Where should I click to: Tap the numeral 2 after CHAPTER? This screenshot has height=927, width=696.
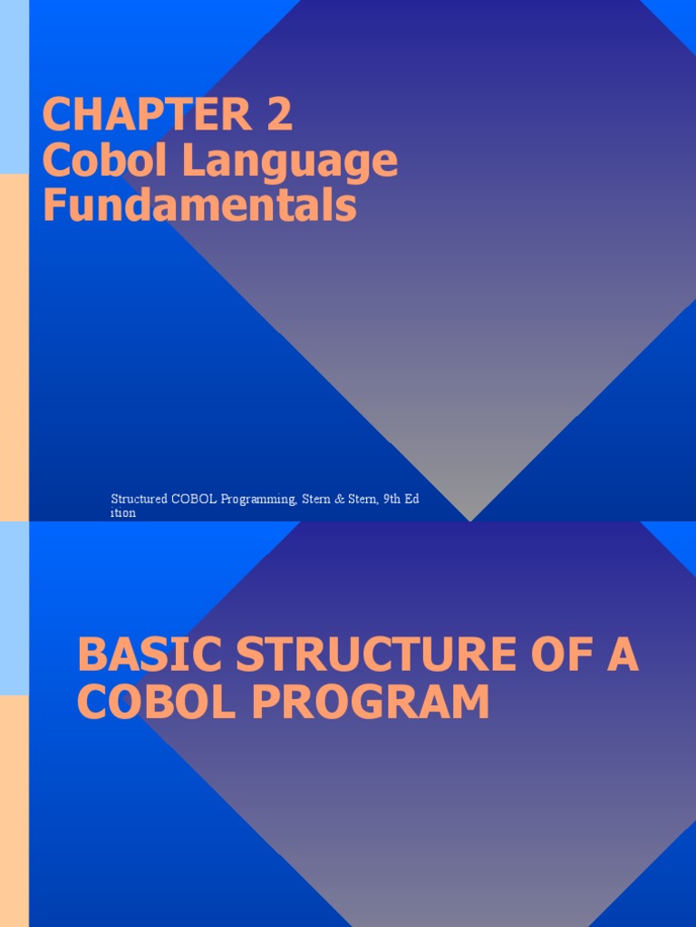click(279, 117)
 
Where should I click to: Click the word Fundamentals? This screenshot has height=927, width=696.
click(199, 206)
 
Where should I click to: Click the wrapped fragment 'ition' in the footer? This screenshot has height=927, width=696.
click(123, 513)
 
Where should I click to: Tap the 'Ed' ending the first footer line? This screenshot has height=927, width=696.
click(411, 500)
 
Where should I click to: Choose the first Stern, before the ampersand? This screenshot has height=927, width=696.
click(316, 500)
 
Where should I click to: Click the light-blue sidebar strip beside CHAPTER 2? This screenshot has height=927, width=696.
click(14, 86)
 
